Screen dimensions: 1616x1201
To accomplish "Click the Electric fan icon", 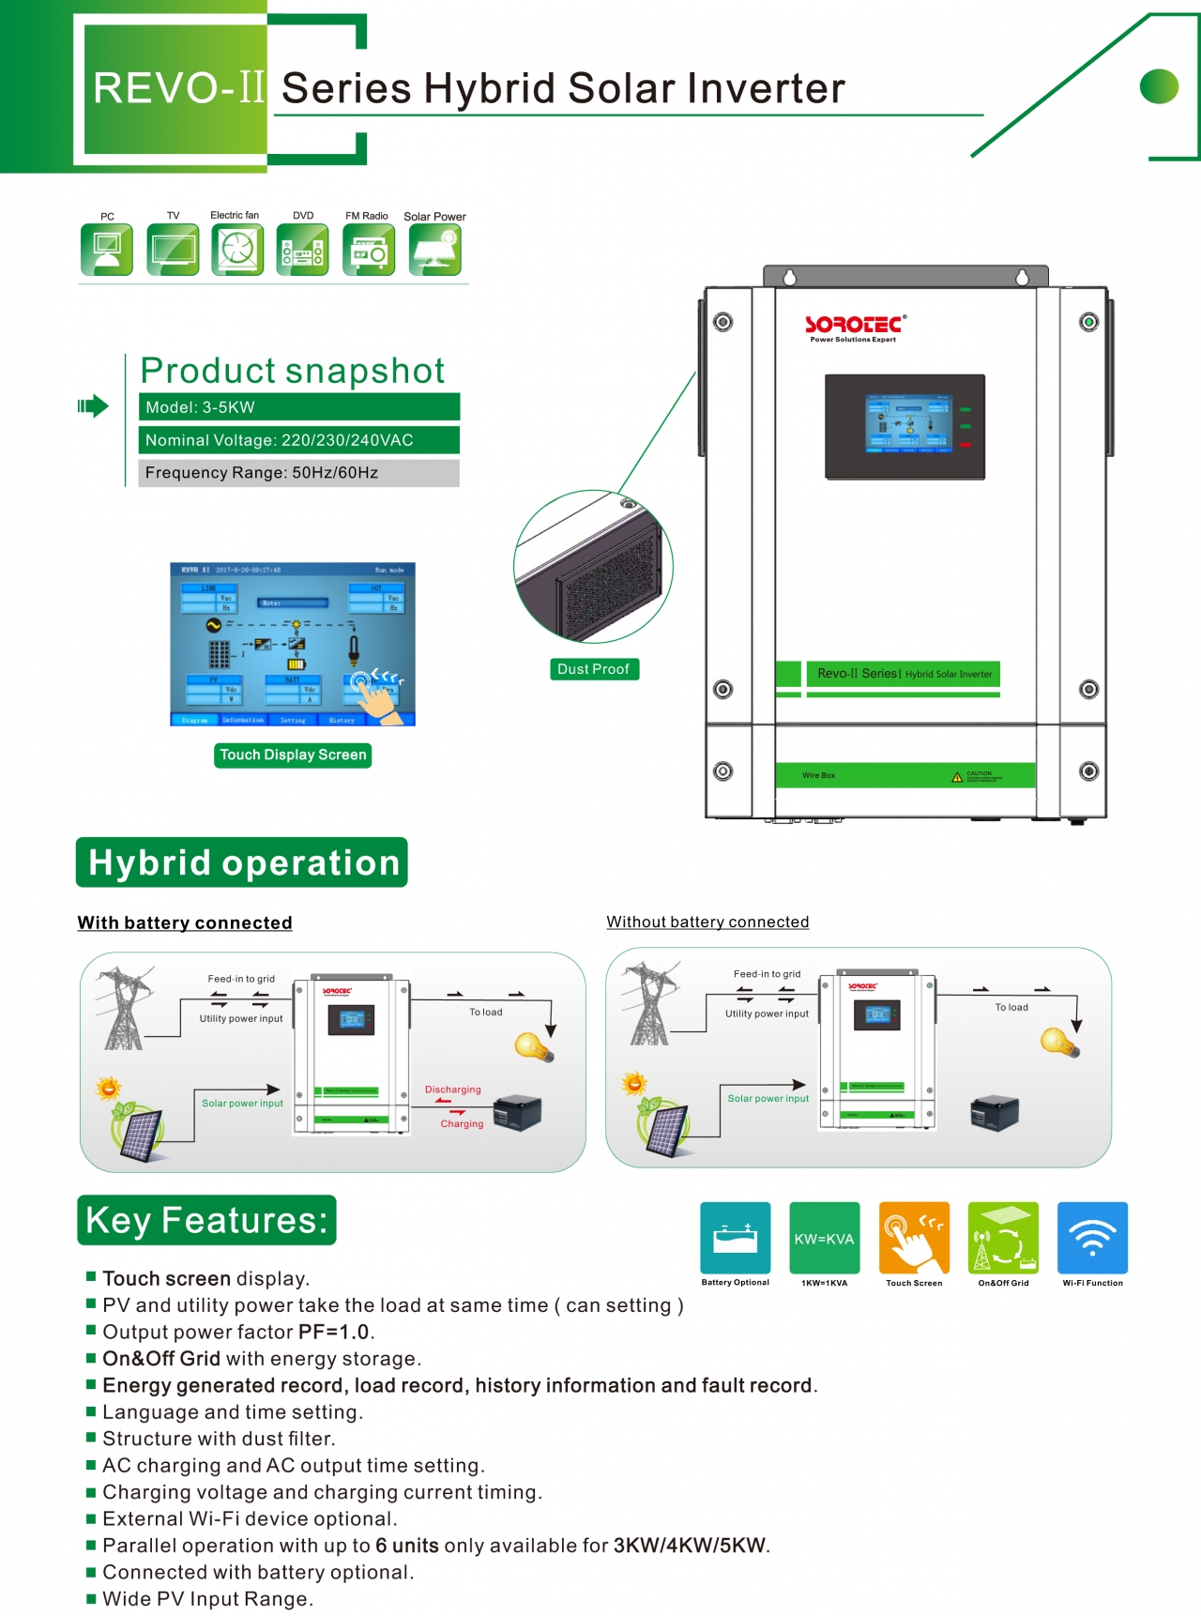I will (237, 251).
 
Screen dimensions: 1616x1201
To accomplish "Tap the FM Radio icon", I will (369, 251).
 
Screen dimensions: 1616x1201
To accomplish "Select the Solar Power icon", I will (435, 251).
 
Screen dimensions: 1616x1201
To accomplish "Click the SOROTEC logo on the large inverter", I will (855, 326).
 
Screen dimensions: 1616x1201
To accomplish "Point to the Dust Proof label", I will (593, 669).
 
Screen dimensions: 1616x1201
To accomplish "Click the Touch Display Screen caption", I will (293, 755).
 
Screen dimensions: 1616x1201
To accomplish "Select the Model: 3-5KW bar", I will (298, 407).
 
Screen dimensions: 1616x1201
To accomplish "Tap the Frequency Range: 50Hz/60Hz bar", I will (298, 473).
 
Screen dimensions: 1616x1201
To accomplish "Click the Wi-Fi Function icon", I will (1092, 1238).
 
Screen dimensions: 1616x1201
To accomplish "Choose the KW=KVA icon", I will (824, 1238).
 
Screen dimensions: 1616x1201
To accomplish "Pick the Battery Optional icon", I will (736, 1238).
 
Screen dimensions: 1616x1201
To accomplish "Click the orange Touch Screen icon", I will (914, 1238).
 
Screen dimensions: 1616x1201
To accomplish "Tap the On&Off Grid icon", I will (1003, 1238).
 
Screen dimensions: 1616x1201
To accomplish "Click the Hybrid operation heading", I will (242, 862).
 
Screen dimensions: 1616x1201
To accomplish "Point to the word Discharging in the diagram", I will (452, 1090).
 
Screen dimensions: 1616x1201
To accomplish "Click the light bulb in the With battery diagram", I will (533, 1046).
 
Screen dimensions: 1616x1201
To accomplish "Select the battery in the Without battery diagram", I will (995, 1112).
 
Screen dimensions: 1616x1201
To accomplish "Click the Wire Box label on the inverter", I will (818, 775).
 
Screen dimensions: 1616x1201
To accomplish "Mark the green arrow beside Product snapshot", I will (93, 406).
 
